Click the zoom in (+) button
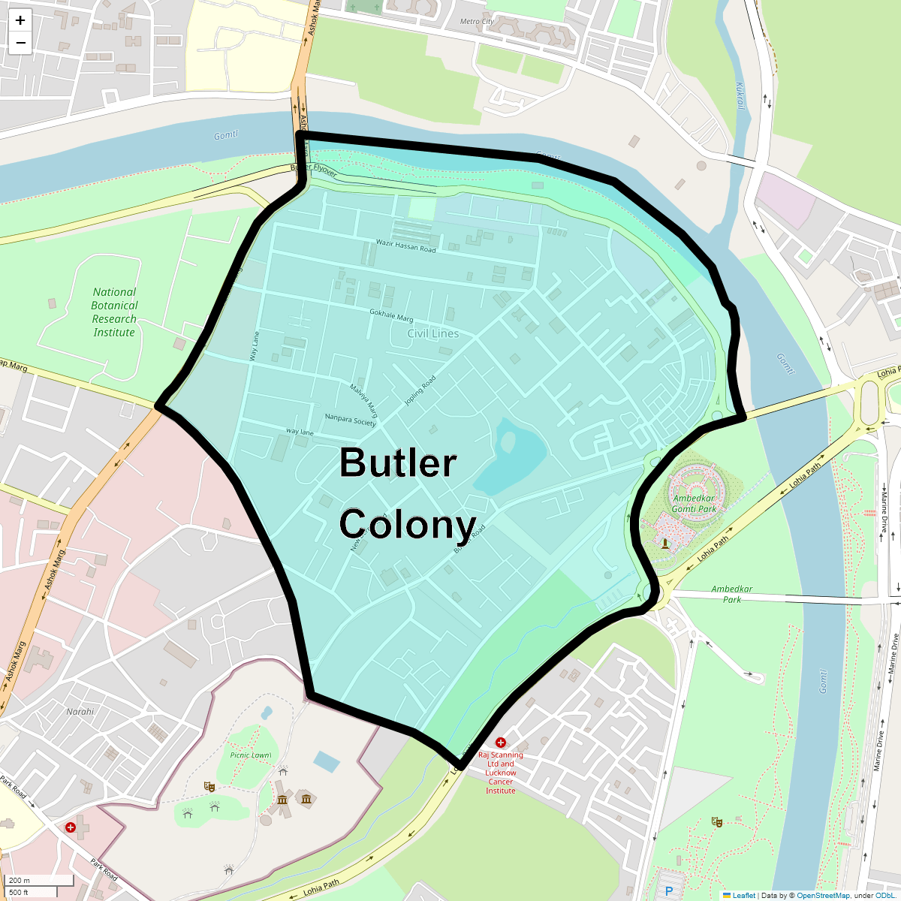tap(20, 20)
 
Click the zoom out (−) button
tap(20, 43)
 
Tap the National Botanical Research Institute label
tap(114, 312)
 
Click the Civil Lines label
tap(433, 333)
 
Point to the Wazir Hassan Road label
tap(405, 246)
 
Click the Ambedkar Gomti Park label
tap(694, 503)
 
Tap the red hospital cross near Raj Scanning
tap(501, 743)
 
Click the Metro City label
tap(477, 21)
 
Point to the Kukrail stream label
tap(740, 96)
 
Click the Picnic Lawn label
tap(250, 755)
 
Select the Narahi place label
tap(80, 712)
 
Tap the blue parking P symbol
tap(669, 891)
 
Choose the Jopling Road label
tap(420, 390)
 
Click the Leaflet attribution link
tap(743, 895)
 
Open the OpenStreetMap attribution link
tap(823, 895)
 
